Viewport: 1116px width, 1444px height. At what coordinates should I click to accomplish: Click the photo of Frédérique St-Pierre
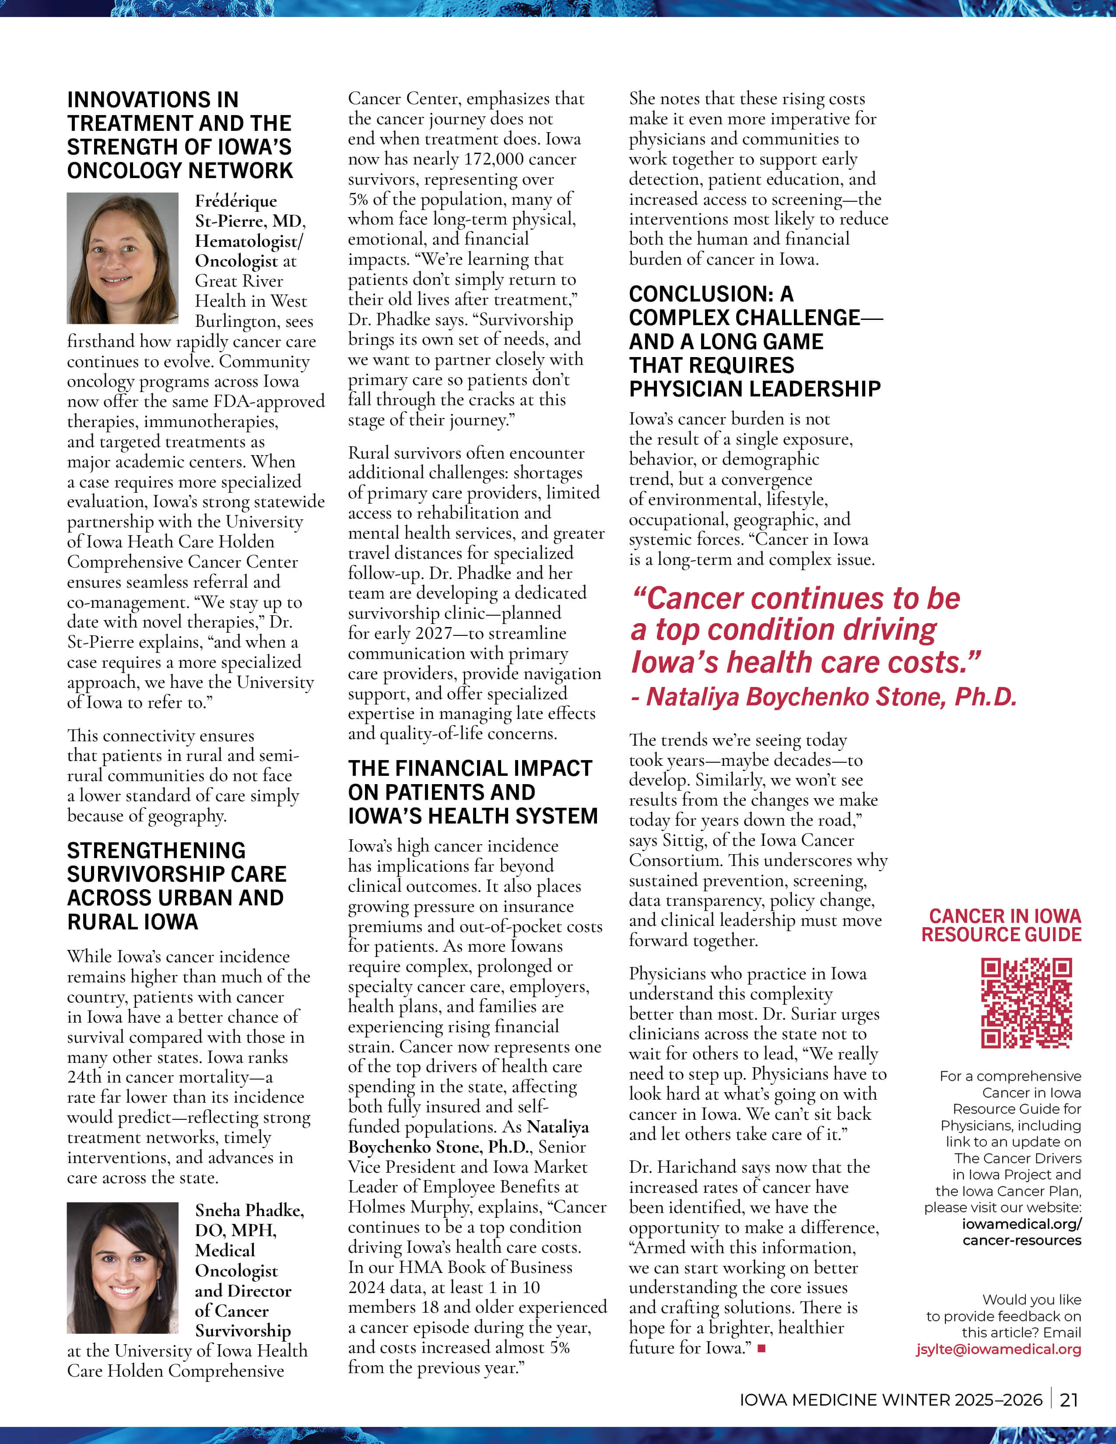tap(122, 258)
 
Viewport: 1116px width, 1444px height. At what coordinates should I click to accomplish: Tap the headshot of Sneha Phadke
tap(122, 1268)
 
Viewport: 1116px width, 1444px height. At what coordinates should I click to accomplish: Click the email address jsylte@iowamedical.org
tap(998, 1349)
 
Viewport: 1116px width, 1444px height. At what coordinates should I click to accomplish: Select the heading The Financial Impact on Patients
tap(473, 792)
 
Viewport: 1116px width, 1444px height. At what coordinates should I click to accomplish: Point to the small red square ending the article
tap(762, 1347)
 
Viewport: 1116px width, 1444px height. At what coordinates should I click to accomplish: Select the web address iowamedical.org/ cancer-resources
tap(1021, 1232)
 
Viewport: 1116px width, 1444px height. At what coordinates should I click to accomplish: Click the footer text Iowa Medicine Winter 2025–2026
tap(891, 1400)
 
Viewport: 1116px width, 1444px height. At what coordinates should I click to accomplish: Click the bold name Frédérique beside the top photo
tap(236, 201)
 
